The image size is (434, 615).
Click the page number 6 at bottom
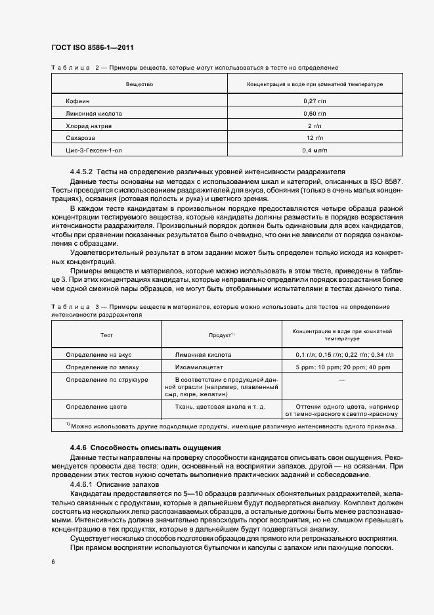(x=53, y=562)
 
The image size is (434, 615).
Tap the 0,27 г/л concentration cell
(x=315, y=101)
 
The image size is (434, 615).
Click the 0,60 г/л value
(x=315, y=114)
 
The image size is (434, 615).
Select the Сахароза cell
(x=81, y=139)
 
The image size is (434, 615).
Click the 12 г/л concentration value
(x=315, y=139)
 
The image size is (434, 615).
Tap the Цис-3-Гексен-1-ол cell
(x=95, y=151)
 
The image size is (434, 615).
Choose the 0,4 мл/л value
(x=315, y=151)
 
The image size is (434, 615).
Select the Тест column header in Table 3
(x=106, y=335)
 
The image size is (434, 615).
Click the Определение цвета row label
(x=97, y=407)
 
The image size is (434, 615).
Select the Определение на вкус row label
(x=98, y=354)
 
